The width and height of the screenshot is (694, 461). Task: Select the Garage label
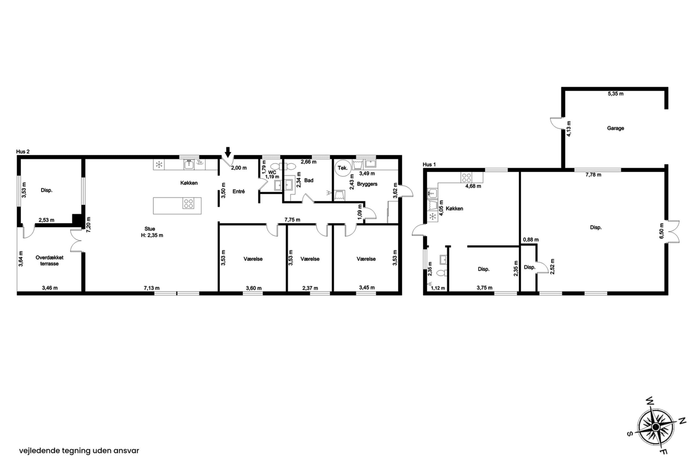615,128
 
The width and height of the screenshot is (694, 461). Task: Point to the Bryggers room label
367,184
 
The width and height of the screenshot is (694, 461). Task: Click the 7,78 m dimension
593,175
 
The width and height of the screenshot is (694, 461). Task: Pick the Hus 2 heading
23,152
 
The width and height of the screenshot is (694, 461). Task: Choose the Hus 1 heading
429,165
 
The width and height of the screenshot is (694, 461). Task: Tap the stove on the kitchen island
188,203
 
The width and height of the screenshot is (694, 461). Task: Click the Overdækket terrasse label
49,261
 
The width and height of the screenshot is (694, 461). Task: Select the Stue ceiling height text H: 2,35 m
152,235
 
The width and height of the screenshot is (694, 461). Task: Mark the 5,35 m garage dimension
615,94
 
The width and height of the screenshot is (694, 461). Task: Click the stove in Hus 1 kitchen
466,178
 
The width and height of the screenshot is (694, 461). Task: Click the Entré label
238,191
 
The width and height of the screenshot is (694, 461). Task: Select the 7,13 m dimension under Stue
152,288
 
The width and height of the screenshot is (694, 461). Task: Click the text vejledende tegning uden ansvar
79,451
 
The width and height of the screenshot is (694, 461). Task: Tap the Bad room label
309,180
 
